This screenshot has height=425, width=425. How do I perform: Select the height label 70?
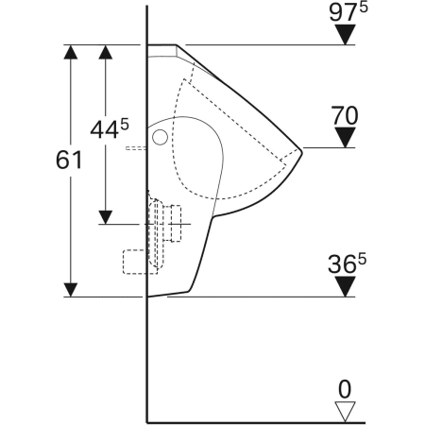click(346, 117)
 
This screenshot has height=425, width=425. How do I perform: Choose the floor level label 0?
click(346, 388)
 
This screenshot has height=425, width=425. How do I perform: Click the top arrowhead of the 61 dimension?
click(69, 52)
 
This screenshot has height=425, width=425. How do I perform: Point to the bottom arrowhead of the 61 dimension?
click(69, 287)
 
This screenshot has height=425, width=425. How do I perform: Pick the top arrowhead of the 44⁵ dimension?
click(106, 52)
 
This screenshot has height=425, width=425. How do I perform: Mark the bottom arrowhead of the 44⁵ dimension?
click(106, 215)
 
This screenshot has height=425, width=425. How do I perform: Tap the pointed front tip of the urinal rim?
click(299, 149)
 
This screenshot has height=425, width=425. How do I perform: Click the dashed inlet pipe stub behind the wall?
click(137, 148)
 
